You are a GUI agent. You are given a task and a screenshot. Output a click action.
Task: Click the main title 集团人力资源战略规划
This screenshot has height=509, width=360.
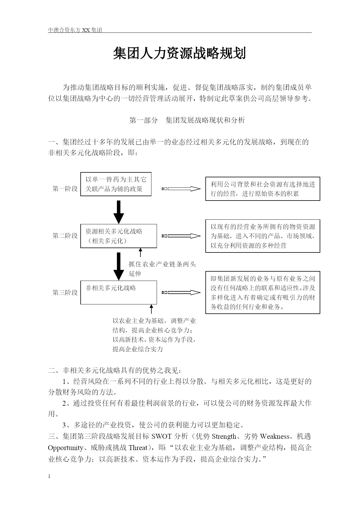pyautogui.click(x=180, y=54)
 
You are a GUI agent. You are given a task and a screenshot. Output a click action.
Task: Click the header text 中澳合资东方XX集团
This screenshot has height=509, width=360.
pyautogui.click(x=75, y=30)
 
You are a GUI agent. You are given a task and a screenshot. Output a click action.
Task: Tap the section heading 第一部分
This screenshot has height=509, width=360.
pyautogui.click(x=143, y=120)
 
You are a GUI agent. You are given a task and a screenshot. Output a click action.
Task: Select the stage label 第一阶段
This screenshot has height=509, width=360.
pyautogui.click(x=65, y=189)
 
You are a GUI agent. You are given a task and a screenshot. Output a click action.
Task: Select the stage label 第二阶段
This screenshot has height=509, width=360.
pyautogui.click(x=65, y=236)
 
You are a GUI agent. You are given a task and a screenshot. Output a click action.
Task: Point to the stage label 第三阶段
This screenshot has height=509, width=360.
pyautogui.click(x=65, y=292)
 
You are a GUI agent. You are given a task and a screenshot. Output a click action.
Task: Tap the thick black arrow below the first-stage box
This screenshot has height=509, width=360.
pyautogui.click(x=119, y=212)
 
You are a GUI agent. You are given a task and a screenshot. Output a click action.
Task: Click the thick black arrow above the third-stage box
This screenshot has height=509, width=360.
pyautogui.click(x=119, y=266)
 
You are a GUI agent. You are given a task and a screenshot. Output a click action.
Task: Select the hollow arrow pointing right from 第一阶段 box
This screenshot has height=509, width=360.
pyautogui.click(x=181, y=189)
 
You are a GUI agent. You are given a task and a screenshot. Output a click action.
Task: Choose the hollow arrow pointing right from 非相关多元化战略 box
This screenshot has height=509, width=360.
pyautogui.click(x=181, y=293)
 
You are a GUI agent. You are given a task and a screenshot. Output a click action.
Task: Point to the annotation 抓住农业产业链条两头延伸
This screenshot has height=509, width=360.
pyautogui.click(x=162, y=269)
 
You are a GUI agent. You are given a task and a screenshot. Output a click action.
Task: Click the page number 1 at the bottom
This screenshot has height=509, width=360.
pyautogui.click(x=49, y=476)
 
